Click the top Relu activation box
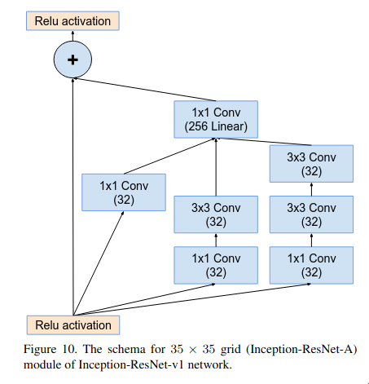[72, 21]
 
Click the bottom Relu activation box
[73, 325]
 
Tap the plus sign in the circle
[72, 60]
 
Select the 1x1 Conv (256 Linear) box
[216, 120]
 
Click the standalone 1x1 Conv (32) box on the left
[124, 192]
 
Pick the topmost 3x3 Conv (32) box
[311, 164]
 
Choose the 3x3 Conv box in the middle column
[216, 214]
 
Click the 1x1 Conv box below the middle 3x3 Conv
[216, 265]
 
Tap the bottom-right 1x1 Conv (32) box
[311, 265]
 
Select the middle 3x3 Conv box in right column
[311, 214]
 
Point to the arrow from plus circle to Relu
[72, 36]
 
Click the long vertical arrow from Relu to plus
[72, 196]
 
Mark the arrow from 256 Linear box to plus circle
[145, 90]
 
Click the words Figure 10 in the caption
[51, 349]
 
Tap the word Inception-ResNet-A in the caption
[301, 349]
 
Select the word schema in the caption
[126, 349]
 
